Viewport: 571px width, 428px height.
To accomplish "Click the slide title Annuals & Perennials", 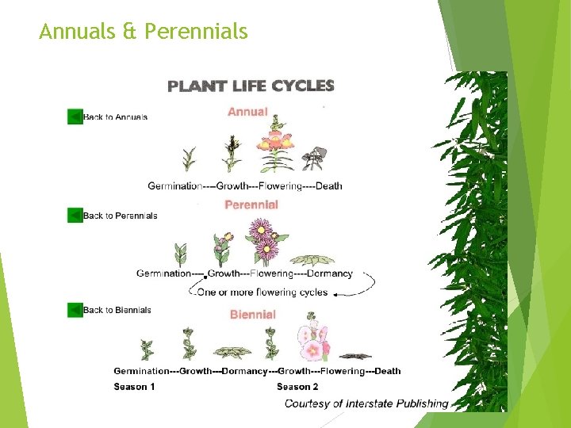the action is coord(143,32).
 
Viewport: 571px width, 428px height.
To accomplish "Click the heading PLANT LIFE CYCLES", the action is coord(251,86).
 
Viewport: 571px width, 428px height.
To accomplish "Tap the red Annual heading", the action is coord(247,112).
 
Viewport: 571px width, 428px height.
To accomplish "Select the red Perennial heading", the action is coord(251,204).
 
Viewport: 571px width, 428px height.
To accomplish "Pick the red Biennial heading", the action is coord(253,315).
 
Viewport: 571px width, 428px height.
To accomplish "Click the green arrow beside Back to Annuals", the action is coord(75,117).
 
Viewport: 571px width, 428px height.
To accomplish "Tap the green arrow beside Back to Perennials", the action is coord(75,215).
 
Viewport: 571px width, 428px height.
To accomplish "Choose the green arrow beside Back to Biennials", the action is coord(75,310).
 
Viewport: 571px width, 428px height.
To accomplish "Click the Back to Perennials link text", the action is coord(120,216).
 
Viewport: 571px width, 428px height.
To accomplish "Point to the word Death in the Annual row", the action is coord(329,186).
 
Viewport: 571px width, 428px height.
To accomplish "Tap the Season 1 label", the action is coord(135,387).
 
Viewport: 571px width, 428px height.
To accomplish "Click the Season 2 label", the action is coord(297,387).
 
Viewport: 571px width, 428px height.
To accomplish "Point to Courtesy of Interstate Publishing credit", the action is coord(366,403).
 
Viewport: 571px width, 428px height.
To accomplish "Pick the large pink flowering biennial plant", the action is coord(314,341).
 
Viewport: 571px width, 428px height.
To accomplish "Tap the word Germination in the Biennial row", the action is coord(141,370).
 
